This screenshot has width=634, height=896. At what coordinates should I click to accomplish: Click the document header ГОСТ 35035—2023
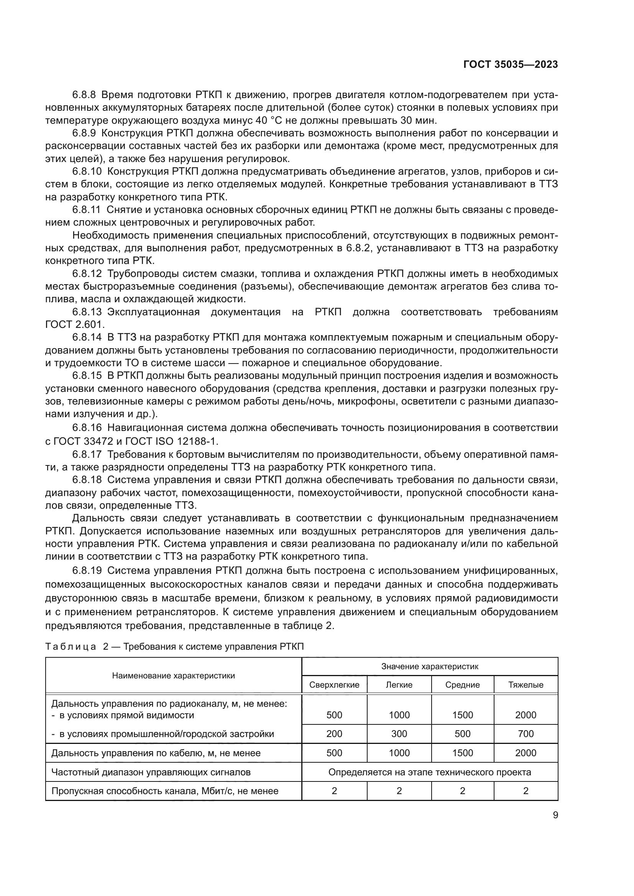click(x=510, y=65)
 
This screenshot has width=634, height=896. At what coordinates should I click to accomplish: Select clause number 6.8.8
click(x=84, y=95)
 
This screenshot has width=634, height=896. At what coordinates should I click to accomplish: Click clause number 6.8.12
click(x=87, y=273)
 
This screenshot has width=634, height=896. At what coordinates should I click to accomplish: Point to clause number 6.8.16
click(x=87, y=428)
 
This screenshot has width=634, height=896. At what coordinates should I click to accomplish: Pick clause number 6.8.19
click(x=87, y=571)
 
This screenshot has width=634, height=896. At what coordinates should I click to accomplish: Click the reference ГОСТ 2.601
click(x=75, y=324)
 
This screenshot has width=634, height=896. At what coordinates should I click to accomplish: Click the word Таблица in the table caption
click(x=71, y=647)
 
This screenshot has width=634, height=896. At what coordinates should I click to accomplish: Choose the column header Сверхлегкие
click(x=334, y=685)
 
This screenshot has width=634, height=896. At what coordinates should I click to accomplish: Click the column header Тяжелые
click(x=526, y=685)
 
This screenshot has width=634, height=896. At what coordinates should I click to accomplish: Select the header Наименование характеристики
click(x=173, y=675)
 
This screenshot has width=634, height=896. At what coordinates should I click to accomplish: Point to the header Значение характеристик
click(x=429, y=666)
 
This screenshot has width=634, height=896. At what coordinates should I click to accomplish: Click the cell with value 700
click(x=526, y=734)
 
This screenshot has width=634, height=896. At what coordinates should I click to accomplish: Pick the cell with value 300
click(x=399, y=734)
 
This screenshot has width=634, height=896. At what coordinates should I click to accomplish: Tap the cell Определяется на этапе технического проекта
click(x=429, y=772)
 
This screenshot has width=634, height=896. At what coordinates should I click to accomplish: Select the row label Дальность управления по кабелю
click(x=156, y=753)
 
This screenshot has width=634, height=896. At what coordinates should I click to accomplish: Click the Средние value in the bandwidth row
click(x=462, y=791)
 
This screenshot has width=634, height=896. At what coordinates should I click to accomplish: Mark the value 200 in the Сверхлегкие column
click(x=334, y=734)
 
